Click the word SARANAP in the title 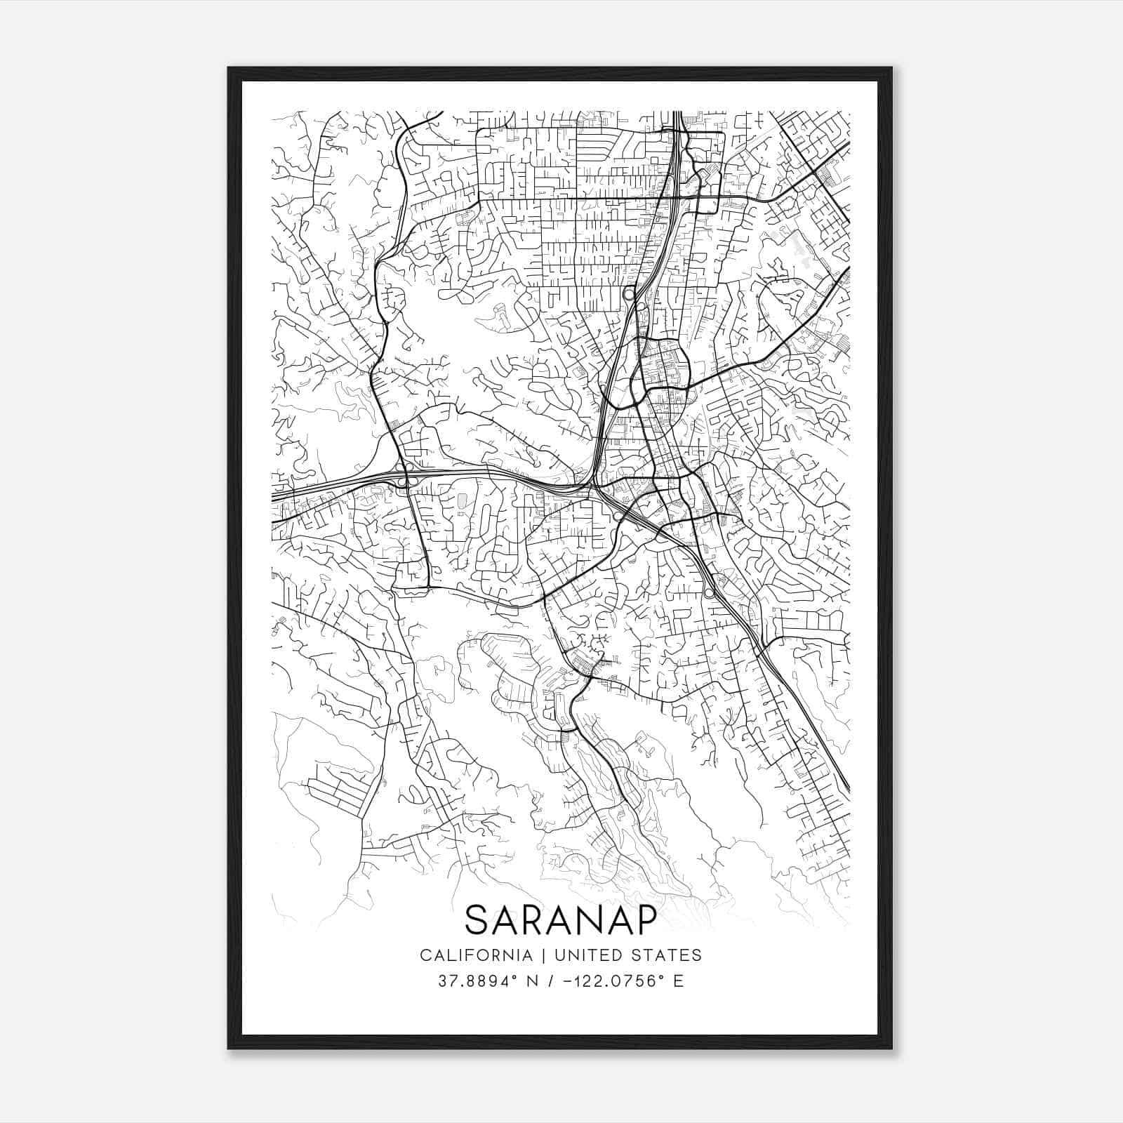coord(561,919)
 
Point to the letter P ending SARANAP coord(646,919)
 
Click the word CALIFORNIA coord(475,955)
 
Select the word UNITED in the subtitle coord(585,955)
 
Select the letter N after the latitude coord(531,981)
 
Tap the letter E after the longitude coord(678,981)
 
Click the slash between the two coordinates coord(548,981)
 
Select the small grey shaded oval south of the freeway coord(462,502)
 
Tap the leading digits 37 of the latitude coord(446,981)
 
